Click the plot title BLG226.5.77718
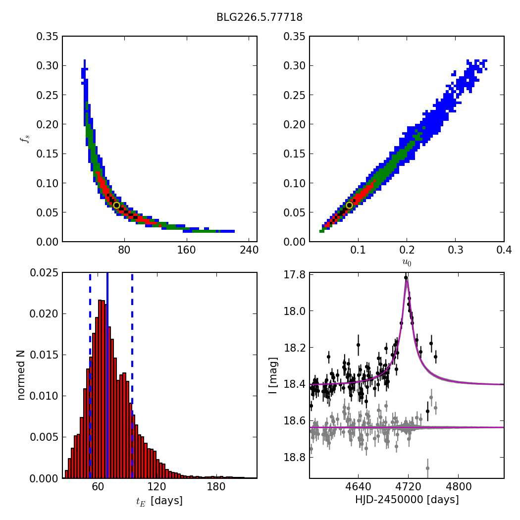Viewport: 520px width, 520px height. point(260,17)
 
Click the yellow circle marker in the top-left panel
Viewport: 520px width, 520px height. point(116,205)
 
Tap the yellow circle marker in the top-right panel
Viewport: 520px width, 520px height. point(349,205)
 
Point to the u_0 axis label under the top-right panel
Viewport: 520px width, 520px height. point(407,262)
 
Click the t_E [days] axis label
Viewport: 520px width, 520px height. point(159,501)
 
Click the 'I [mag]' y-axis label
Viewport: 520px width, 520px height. point(273,375)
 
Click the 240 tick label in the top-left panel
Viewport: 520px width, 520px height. point(249,251)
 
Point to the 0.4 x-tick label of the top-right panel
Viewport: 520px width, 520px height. point(504,251)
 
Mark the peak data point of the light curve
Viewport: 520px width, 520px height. point(406,277)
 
